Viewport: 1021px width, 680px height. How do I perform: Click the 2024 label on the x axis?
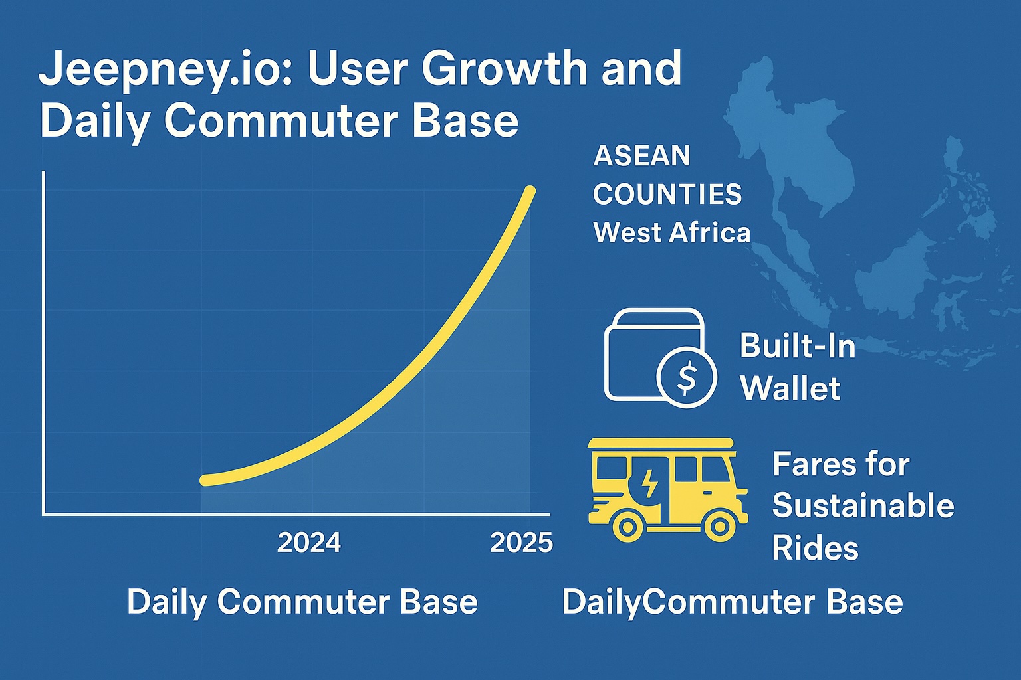[x=309, y=543]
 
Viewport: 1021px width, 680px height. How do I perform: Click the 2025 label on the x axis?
[x=521, y=543]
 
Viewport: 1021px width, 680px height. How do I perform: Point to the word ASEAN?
[x=641, y=156]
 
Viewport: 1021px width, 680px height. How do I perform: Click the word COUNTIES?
[x=667, y=195]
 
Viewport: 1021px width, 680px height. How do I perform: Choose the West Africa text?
[x=671, y=232]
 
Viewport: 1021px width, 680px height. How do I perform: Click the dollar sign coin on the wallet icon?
[x=686, y=377]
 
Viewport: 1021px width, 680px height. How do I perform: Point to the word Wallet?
[x=790, y=388]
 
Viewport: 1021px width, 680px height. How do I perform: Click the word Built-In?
[x=798, y=346]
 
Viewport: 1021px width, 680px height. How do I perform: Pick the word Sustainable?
[x=863, y=505]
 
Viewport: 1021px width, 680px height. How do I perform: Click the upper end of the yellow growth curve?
[x=530, y=191]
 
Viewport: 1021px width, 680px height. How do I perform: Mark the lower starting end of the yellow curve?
[x=205, y=480]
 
